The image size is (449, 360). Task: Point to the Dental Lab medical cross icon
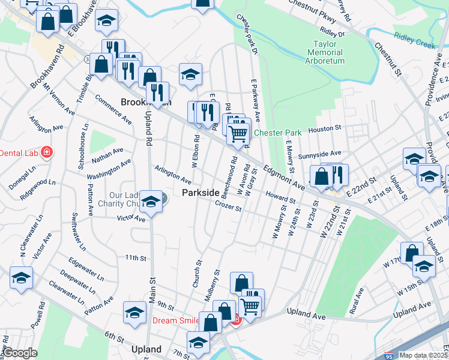(46, 153)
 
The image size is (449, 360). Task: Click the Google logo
(19, 353)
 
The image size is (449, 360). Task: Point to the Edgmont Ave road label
(283, 179)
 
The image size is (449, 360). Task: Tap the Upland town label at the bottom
(146, 349)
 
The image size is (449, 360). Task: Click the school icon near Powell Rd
(21, 278)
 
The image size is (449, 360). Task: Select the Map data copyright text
(423, 355)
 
